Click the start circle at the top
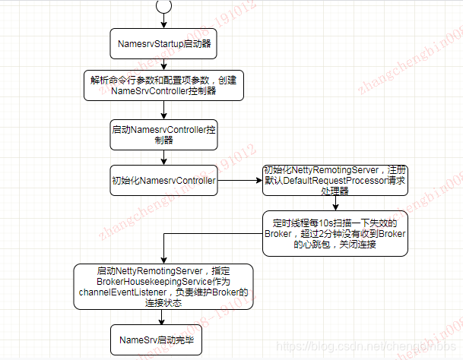163,5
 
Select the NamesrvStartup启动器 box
164,44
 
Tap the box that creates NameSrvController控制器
163,85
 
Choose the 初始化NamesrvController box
163,181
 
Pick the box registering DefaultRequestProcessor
334,181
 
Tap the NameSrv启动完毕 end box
157,339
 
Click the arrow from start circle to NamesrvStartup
163,21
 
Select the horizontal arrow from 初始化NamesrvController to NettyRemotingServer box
239,181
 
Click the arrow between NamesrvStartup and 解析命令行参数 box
163,64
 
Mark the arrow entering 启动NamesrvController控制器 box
163,109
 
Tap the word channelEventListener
111,292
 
